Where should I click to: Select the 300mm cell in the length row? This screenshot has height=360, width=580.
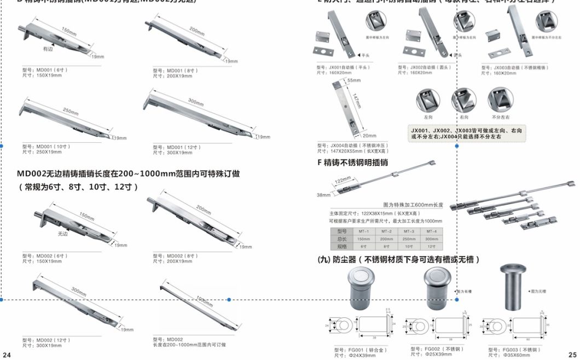431,239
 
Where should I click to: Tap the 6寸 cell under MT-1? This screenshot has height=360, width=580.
363,247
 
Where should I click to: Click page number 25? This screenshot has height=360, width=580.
572,355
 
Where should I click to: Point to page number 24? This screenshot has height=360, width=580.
7,355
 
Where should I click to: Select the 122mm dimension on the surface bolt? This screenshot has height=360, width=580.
343,181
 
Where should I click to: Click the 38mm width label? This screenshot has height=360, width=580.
323,195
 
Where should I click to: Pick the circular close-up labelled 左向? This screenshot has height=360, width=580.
428,101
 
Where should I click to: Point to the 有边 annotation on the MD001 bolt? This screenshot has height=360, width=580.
48,49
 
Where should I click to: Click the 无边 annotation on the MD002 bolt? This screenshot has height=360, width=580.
62,234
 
